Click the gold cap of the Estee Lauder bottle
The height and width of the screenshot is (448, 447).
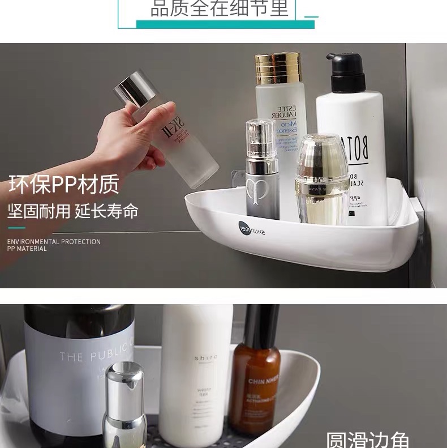(278, 68)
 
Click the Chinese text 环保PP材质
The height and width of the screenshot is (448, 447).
(63, 185)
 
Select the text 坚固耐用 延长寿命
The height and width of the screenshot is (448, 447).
(72, 212)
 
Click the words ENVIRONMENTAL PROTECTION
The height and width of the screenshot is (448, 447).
(54, 242)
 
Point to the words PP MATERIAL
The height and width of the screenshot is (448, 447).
(27, 249)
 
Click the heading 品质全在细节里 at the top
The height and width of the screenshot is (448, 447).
(220, 8)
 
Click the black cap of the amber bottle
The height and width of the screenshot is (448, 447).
(261, 326)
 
